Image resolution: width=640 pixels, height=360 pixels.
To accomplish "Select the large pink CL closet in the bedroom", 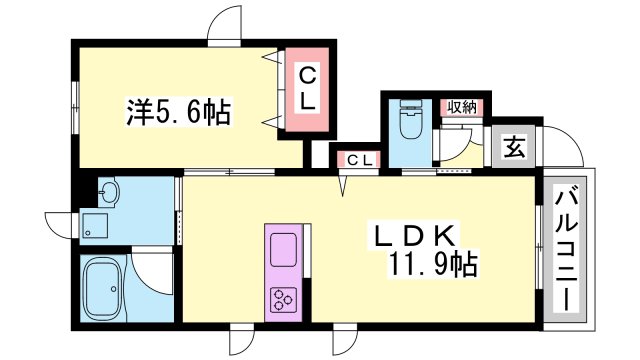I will click(x=308, y=87).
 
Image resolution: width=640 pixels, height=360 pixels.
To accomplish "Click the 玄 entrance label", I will click(x=513, y=148).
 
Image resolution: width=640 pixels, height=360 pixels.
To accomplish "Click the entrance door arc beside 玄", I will click(x=567, y=150).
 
